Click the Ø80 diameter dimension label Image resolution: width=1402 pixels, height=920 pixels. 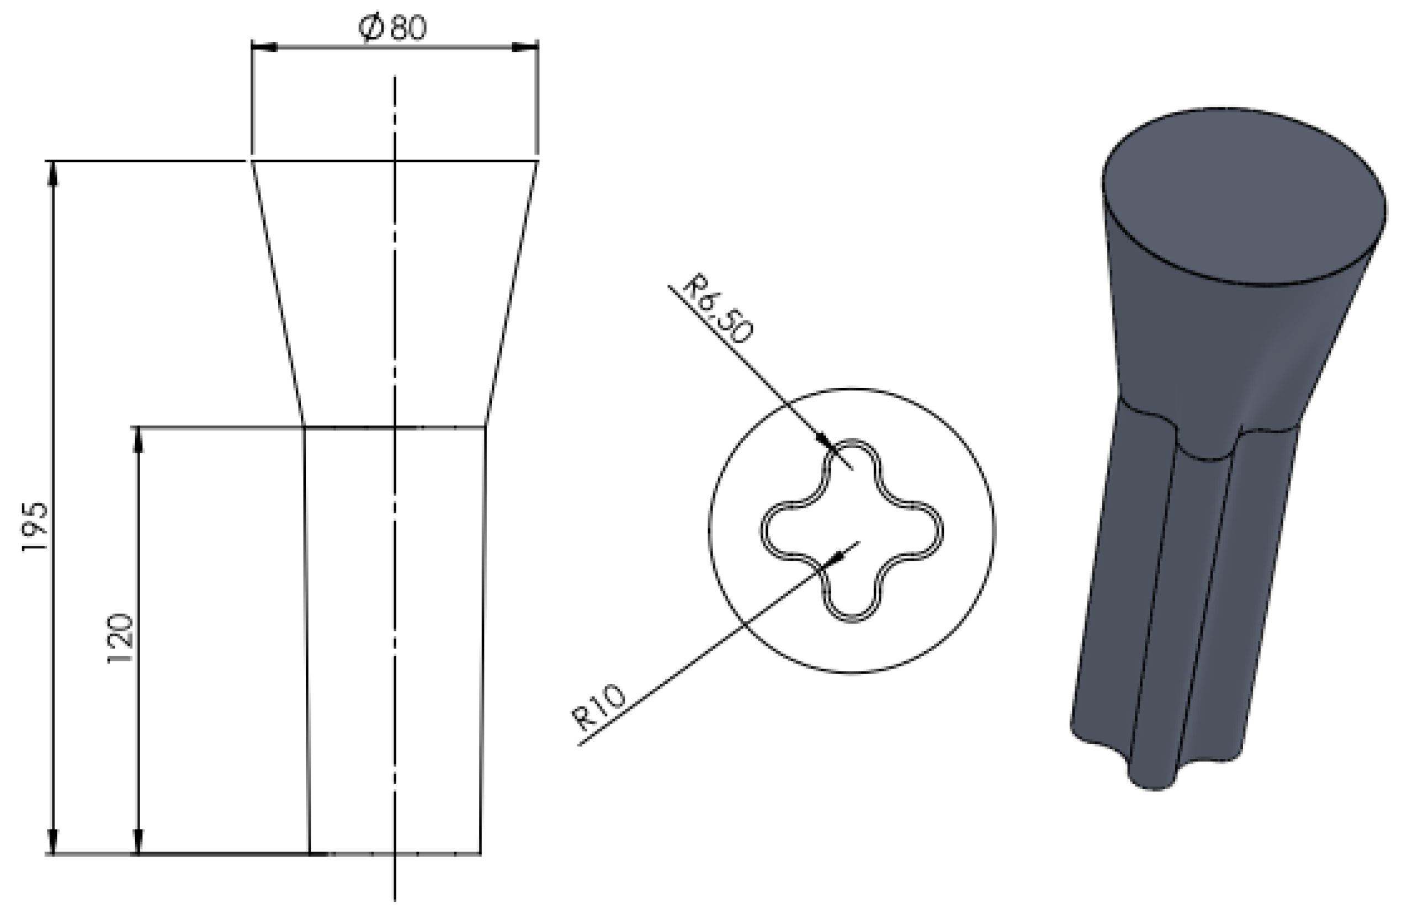pos(393,28)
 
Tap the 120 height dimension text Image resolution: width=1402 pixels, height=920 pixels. pos(121,639)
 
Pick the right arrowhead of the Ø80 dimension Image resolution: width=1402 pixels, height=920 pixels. pos(525,46)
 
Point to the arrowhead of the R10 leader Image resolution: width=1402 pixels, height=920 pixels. pos(836,555)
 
